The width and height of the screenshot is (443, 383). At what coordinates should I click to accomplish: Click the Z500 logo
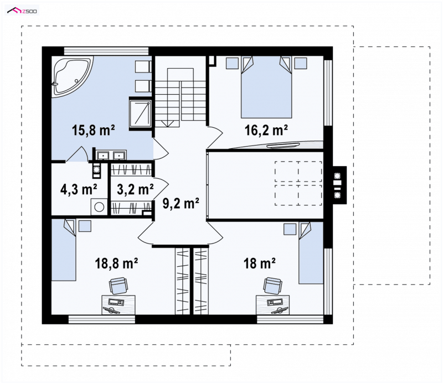click(22, 11)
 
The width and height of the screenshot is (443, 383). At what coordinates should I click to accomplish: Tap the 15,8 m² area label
click(93, 131)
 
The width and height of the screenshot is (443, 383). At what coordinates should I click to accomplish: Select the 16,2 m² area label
click(266, 130)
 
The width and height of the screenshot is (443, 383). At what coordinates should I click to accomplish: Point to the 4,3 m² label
click(79, 189)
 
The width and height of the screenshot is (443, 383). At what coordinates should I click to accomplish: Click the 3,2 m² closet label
click(135, 189)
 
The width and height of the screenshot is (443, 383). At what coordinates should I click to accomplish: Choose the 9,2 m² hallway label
click(181, 203)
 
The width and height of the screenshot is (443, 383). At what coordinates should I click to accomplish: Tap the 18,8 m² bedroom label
click(116, 263)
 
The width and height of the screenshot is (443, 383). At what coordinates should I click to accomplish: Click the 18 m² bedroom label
click(259, 263)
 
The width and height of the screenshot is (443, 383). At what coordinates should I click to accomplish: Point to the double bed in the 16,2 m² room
click(266, 87)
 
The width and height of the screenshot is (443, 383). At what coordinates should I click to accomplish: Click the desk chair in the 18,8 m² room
click(118, 286)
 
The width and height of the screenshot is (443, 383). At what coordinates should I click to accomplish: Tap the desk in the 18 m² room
click(272, 305)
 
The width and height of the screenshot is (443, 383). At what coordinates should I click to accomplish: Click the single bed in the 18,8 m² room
click(64, 250)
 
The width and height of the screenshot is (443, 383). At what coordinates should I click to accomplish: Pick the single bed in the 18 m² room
click(311, 253)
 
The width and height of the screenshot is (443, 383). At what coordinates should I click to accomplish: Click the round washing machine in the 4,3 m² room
click(99, 207)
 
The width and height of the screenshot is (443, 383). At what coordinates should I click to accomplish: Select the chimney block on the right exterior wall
click(339, 185)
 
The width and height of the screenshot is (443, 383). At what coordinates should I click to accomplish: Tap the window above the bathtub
click(106, 51)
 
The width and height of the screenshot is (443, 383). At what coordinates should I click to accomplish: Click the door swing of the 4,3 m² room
click(77, 154)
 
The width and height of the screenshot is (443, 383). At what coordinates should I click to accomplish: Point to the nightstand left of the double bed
click(232, 63)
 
